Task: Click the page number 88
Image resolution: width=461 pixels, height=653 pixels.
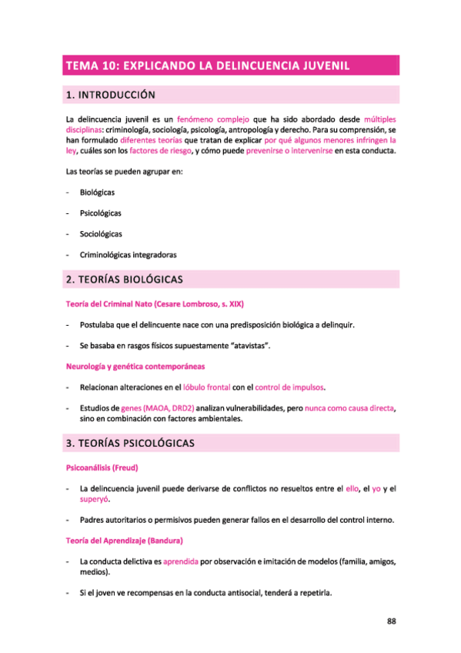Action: point(391,621)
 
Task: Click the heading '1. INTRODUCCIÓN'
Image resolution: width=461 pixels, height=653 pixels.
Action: point(111,95)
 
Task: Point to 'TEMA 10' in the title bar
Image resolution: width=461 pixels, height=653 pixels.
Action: point(91,65)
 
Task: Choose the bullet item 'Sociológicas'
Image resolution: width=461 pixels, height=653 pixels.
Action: point(100,233)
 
